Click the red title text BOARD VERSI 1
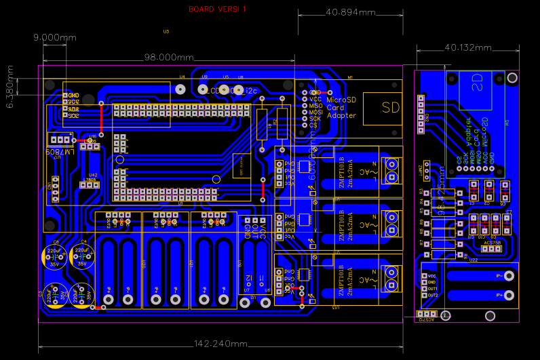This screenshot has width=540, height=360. tap(217, 9)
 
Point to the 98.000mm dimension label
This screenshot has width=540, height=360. tap(165, 58)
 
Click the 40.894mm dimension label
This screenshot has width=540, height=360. tap(350, 13)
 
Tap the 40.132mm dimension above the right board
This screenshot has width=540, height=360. tap(467, 47)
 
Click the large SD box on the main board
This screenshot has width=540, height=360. tap(391, 107)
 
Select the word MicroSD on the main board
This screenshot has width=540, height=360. tap(341, 100)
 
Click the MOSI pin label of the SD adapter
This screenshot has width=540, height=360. tap(315, 112)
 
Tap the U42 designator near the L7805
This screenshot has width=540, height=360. tap(92, 175)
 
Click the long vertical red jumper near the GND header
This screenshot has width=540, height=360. tap(101, 117)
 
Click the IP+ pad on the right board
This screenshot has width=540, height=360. tap(501, 276)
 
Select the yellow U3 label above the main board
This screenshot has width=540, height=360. tap(166, 31)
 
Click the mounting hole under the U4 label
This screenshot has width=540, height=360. tap(180, 89)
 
